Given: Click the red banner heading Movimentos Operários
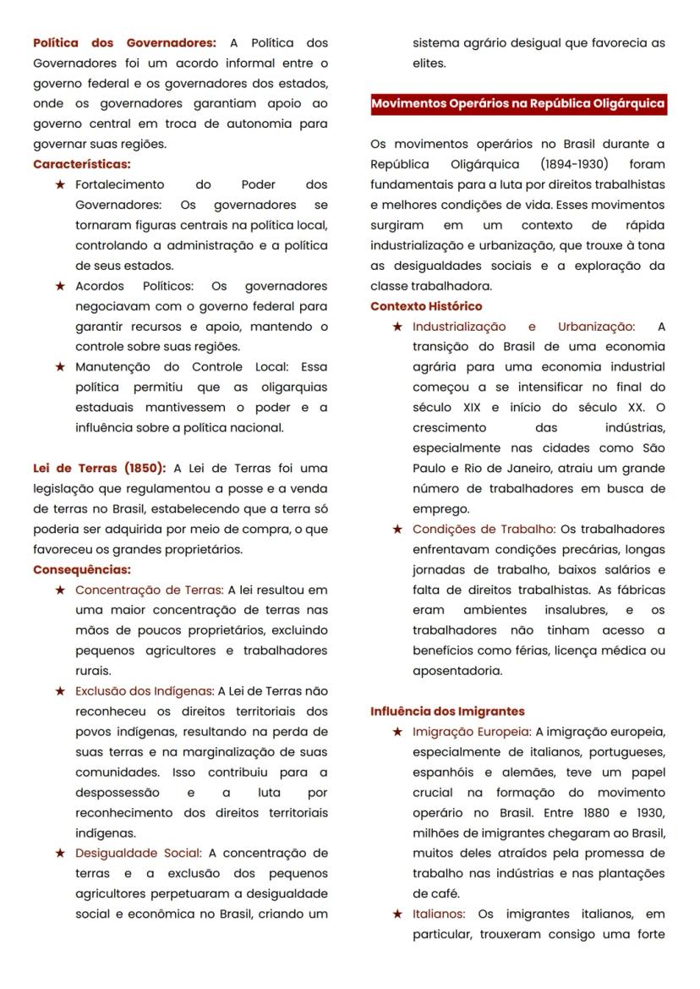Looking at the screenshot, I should click(x=518, y=104).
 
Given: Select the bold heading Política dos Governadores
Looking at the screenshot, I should click(x=124, y=42).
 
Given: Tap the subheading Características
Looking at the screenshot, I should click(x=82, y=164).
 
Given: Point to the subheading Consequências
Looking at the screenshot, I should click(x=82, y=569).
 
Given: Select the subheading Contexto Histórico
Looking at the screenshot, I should click(x=426, y=306).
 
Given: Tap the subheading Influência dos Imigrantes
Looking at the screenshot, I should click(x=447, y=712).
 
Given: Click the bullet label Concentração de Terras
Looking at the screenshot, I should click(x=149, y=590).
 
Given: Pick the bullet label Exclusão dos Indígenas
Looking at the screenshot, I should click(x=145, y=691).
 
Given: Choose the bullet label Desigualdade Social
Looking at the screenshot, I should click(x=138, y=853).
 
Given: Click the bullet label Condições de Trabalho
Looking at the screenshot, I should click(x=484, y=529).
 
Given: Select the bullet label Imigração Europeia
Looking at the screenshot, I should click(x=471, y=732).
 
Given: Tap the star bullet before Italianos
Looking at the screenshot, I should click(x=397, y=915).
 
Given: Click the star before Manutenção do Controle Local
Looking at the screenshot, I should click(x=60, y=367).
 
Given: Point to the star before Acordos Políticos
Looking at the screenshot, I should click(x=60, y=286).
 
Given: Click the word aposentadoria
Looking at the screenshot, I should click(x=457, y=671).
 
